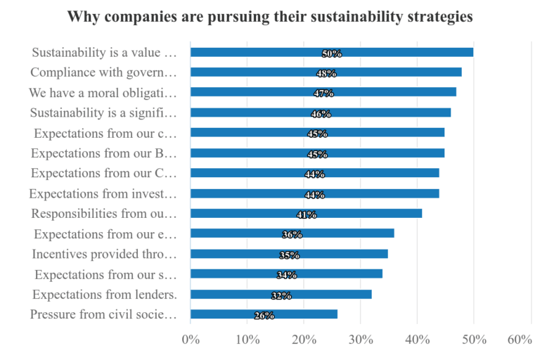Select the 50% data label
[332, 53]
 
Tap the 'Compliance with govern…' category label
[103, 72]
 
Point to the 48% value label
[326, 73]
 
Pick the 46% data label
[321, 114]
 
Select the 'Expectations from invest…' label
[103, 193]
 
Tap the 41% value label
[307, 214]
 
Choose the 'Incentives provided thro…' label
[105, 254]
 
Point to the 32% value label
[281, 295]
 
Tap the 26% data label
[264, 316]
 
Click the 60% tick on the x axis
[519, 340]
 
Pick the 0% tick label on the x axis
[191, 340]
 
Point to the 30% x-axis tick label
[360, 340]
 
